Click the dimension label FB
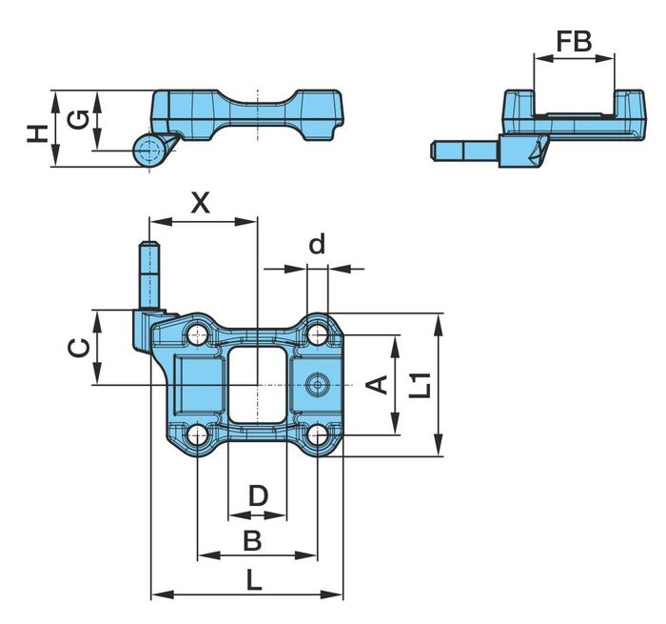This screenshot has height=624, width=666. (x=574, y=41)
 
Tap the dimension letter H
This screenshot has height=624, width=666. (x=37, y=133)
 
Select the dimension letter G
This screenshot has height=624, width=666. (x=78, y=119)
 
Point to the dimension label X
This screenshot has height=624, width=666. (x=201, y=203)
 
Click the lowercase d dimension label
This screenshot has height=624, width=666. (x=317, y=244)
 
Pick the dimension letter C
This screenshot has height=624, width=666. (x=79, y=348)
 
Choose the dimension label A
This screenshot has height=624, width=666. (x=377, y=385)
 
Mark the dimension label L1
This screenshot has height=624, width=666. (x=421, y=386)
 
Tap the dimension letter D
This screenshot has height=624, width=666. (x=258, y=496)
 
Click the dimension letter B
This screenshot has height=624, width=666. (x=252, y=540)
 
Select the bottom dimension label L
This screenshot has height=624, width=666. (x=254, y=579)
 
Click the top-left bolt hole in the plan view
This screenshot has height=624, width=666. (x=198, y=336)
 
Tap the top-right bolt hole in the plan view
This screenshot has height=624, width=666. (x=317, y=334)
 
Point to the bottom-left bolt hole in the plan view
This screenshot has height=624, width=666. (x=198, y=434)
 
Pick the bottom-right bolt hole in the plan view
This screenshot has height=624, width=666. (x=317, y=434)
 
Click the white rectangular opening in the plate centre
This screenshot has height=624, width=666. (x=257, y=385)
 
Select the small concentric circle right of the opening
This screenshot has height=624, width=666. (x=317, y=385)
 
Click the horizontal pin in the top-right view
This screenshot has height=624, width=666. (x=464, y=151)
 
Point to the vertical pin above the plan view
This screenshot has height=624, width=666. (x=149, y=274)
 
